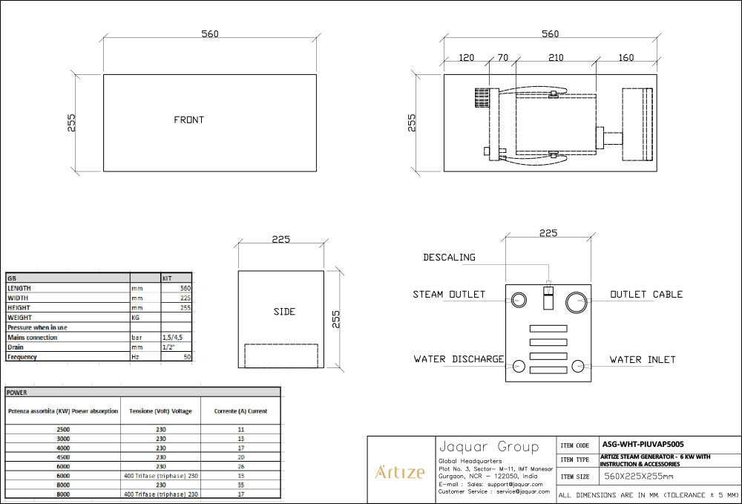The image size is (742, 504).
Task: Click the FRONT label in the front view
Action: [x=188, y=120]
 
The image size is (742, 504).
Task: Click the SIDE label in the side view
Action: [x=284, y=312]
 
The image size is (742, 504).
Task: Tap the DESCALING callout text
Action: [x=449, y=258]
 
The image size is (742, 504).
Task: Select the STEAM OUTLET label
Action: [x=449, y=295]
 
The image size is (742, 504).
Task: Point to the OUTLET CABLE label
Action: [x=646, y=295]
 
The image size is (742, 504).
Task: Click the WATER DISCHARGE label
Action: [x=459, y=359]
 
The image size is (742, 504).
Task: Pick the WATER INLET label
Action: [x=643, y=359]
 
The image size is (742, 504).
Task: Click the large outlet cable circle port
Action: [x=577, y=301]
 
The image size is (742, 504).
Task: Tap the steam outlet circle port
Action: [x=518, y=301]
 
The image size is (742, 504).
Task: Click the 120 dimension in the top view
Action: [x=467, y=58]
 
